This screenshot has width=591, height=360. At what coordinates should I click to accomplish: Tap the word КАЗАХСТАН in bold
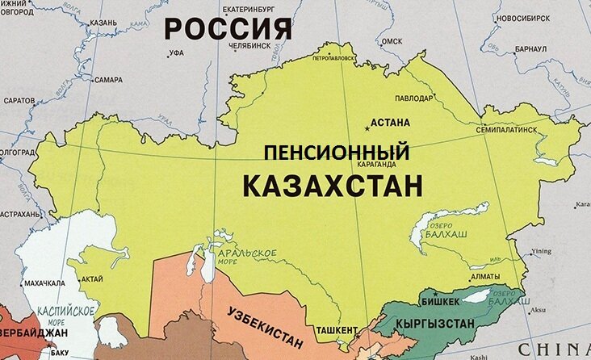(x=333, y=185)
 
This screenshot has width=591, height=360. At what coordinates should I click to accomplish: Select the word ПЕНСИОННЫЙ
(x=338, y=151)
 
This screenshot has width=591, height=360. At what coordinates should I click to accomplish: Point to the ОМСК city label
(x=392, y=40)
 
